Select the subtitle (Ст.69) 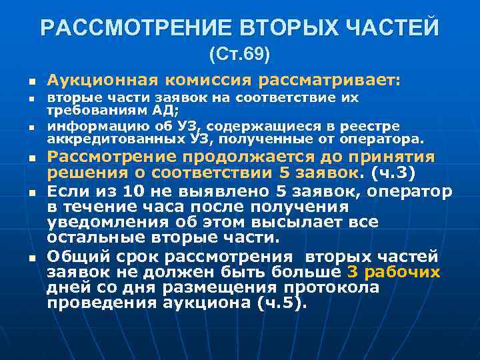(x=239, y=54)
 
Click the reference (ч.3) (x=393, y=173)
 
